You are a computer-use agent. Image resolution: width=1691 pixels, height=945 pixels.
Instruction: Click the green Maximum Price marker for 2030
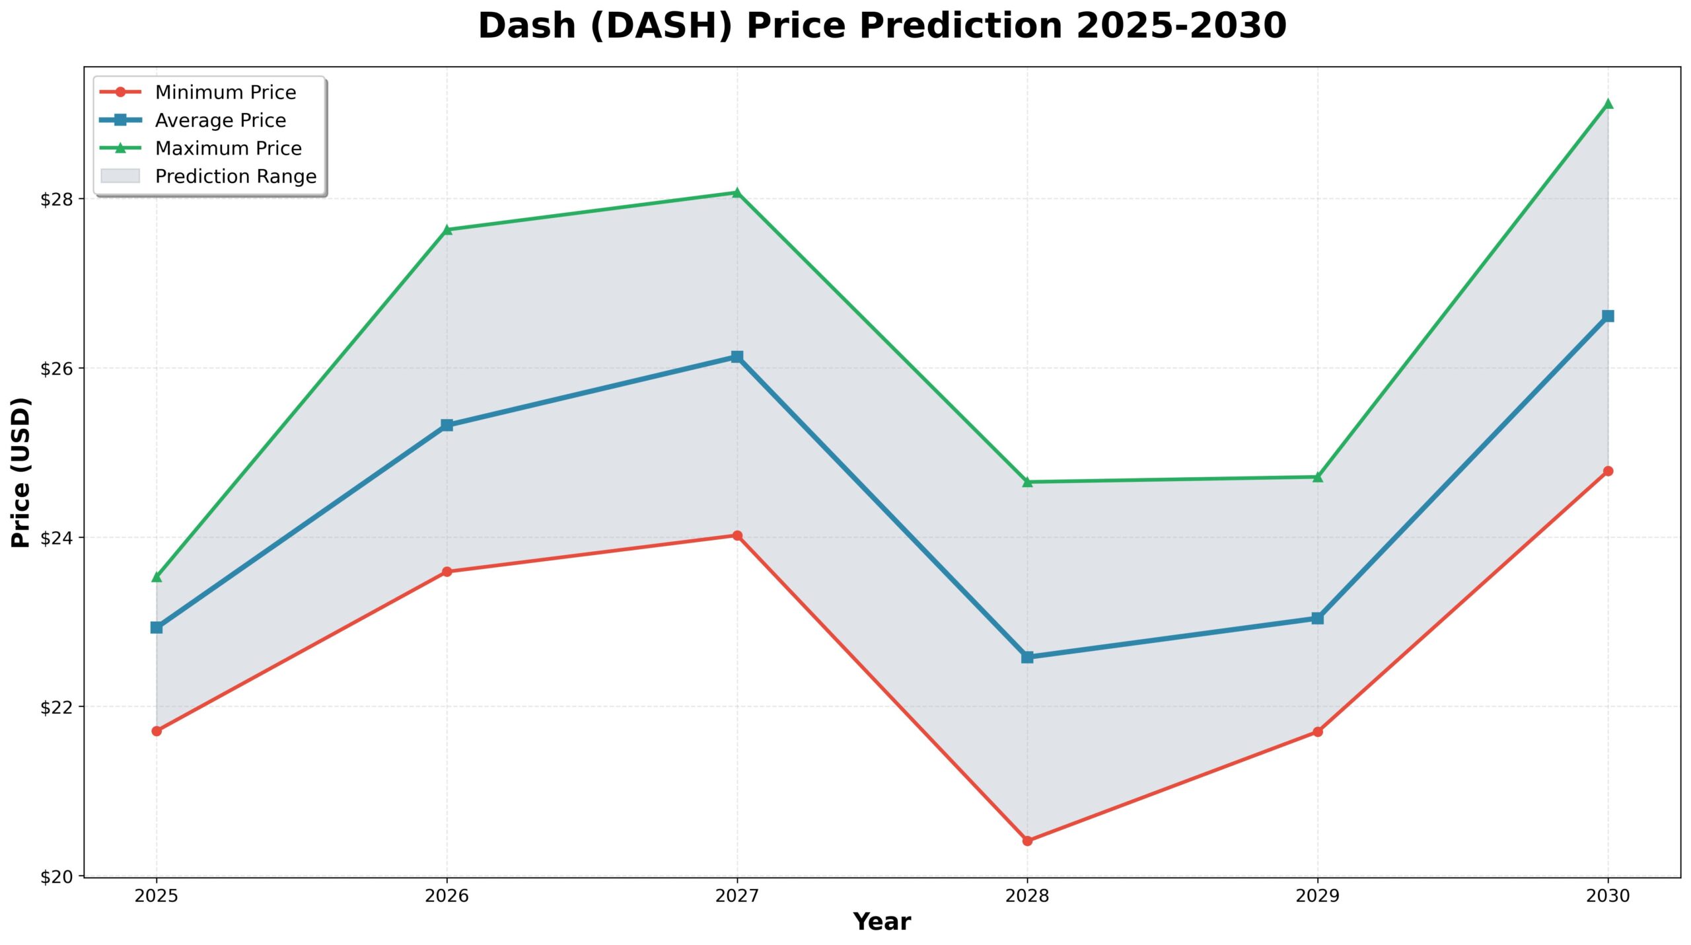point(1608,104)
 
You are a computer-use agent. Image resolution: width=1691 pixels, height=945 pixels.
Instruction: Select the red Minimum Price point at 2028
point(1027,841)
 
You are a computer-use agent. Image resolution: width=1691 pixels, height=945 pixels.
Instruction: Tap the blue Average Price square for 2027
point(737,357)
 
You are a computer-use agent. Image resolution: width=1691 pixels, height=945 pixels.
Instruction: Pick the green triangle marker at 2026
point(447,230)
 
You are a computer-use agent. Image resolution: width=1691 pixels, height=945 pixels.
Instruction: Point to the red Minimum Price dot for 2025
point(157,731)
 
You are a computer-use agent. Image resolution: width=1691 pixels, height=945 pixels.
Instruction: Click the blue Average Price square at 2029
point(1318,619)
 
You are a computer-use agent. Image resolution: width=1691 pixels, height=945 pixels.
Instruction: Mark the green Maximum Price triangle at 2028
point(1027,482)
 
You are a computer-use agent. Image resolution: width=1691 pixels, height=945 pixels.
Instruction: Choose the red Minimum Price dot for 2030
point(1608,471)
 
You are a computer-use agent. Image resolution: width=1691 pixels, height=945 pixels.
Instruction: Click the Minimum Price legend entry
point(225,93)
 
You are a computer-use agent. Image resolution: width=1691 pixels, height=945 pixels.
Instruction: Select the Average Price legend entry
point(220,120)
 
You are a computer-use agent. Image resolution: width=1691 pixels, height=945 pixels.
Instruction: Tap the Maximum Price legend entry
point(228,149)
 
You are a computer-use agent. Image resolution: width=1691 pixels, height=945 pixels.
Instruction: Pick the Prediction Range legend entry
point(235,176)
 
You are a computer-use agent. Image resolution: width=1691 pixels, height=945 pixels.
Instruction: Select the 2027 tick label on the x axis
point(737,896)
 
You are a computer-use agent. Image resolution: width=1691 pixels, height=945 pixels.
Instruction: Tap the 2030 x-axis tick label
point(1608,896)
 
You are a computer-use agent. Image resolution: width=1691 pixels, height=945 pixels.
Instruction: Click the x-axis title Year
point(882,922)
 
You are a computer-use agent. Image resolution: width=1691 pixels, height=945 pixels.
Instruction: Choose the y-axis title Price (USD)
point(20,472)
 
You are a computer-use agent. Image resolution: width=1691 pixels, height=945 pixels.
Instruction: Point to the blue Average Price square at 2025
point(157,627)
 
